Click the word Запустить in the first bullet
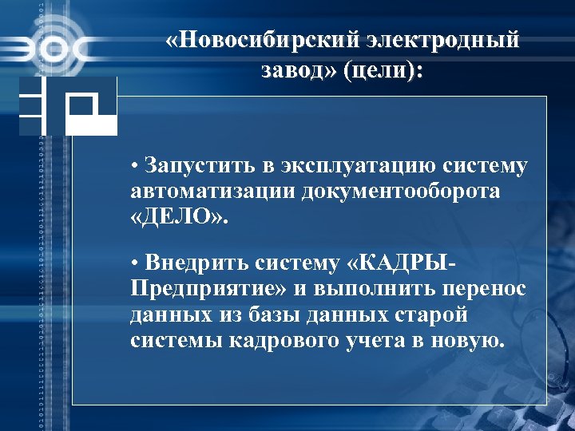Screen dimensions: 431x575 pyautogui.click(x=208, y=167)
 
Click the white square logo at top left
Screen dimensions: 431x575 pyautogui.click(x=91, y=106)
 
